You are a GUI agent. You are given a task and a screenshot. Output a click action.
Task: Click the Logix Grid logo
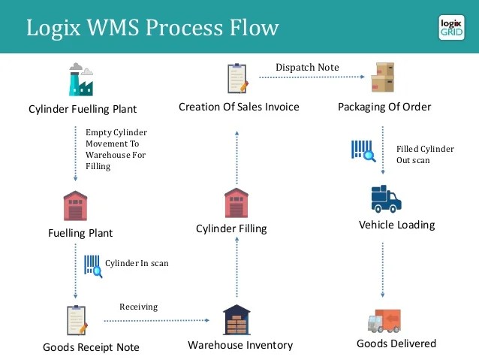point(451,28)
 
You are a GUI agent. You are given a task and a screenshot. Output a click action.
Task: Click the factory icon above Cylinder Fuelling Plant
point(81,79)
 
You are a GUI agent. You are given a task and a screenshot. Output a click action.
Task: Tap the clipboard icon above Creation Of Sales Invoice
point(238,78)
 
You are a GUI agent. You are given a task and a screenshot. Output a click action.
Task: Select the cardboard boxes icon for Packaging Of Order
point(382,77)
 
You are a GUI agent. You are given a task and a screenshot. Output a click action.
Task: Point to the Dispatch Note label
point(307,68)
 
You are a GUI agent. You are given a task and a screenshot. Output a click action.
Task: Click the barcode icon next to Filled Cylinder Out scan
point(363,151)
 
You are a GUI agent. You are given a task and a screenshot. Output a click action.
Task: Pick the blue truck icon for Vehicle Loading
point(386,199)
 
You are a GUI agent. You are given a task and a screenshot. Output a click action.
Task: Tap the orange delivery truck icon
point(384,321)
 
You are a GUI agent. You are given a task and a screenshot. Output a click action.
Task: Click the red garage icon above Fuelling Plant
point(75,205)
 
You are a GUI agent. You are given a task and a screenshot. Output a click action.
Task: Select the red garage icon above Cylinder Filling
point(236,203)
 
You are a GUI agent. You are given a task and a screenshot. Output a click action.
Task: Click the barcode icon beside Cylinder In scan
point(93,266)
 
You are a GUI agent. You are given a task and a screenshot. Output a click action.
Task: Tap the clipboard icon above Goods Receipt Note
point(77,320)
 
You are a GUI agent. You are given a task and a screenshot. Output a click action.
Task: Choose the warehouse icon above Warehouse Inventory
point(236,319)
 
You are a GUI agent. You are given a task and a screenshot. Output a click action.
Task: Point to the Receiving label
point(139,307)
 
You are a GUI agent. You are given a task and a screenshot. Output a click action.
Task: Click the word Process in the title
point(185,28)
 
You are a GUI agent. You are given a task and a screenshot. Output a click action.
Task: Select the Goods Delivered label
point(396,343)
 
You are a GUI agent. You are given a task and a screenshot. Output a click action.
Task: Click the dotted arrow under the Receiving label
point(157,321)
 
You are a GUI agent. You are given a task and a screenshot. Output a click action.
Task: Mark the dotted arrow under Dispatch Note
point(312,77)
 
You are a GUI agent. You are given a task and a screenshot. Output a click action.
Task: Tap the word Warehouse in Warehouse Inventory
point(215,345)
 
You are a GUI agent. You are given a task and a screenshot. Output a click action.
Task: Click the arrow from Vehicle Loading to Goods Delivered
point(382,270)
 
